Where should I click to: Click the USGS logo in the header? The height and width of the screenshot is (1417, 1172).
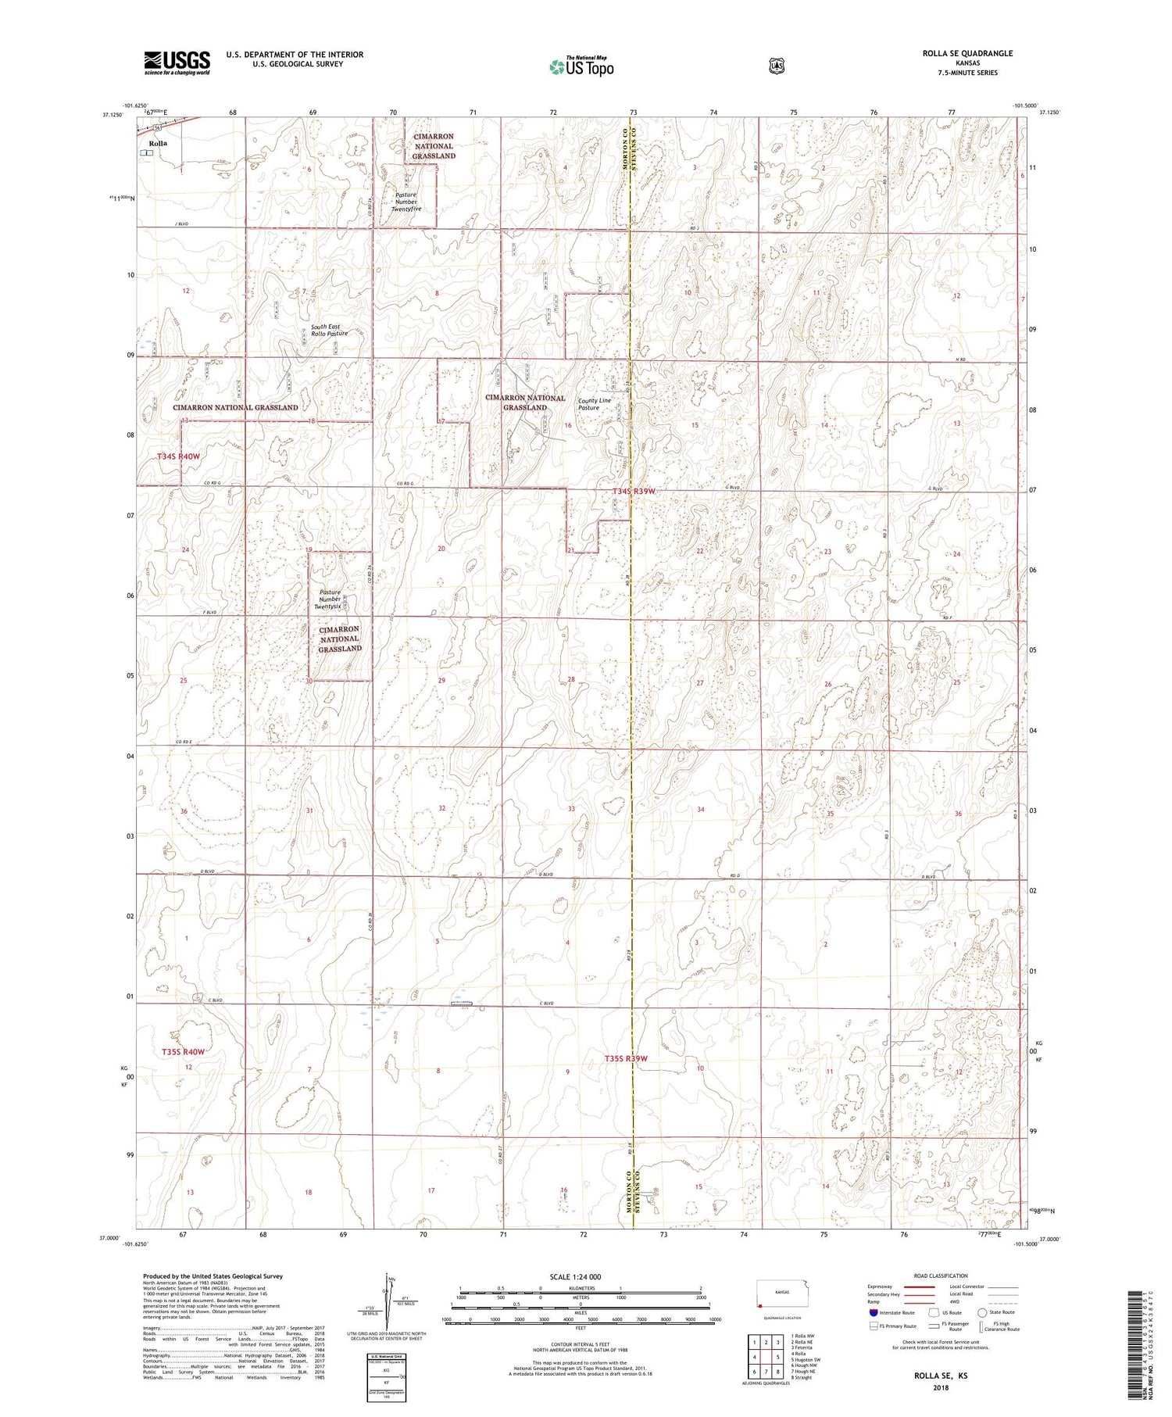click(x=177, y=62)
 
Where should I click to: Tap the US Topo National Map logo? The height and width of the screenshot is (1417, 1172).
click(x=581, y=66)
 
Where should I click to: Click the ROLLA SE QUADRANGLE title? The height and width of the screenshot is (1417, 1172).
click(x=966, y=53)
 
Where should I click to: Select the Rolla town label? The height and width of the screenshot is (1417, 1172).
click(x=158, y=144)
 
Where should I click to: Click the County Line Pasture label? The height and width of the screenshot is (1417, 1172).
click(x=594, y=404)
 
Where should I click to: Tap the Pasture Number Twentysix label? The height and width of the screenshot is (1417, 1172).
click(x=327, y=599)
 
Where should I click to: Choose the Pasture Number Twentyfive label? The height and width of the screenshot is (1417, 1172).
click(x=406, y=202)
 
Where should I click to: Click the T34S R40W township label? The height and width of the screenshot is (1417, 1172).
click(x=178, y=456)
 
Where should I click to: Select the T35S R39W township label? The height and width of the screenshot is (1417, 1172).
click(x=626, y=1058)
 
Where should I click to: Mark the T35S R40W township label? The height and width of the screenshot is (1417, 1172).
click(x=183, y=1052)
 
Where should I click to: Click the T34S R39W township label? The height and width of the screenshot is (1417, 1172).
click(x=633, y=491)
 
